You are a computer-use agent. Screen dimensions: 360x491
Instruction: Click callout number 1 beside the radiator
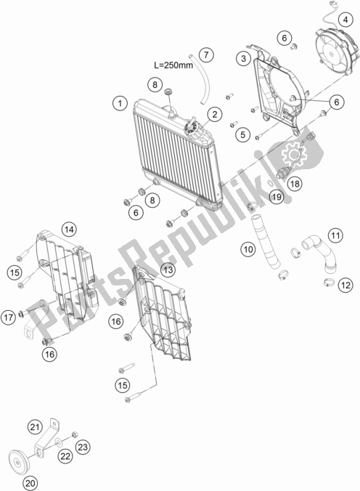(x=120, y=103)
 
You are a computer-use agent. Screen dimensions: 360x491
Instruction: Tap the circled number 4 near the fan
(x=345, y=20)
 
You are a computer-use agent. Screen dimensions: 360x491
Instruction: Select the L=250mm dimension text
(x=173, y=65)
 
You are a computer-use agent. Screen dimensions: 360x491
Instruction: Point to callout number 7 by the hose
(x=205, y=55)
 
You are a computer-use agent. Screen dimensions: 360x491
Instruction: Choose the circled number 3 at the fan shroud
(x=244, y=58)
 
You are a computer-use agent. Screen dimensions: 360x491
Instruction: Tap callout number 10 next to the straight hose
(x=248, y=249)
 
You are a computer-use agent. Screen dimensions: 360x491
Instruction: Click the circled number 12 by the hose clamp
(x=345, y=285)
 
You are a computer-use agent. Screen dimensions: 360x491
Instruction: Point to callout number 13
(x=168, y=269)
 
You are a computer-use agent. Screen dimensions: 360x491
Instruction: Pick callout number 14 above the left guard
(x=69, y=230)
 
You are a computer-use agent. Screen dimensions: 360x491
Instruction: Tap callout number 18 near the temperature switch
(x=295, y=184)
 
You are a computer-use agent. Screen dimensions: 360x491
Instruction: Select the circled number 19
(x=277, y=197)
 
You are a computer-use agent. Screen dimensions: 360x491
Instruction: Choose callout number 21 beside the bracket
(x=35, y=427)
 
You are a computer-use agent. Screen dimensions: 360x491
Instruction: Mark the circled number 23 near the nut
(x=83, y=447)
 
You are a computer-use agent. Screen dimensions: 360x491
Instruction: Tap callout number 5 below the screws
(x=242, y=134)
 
